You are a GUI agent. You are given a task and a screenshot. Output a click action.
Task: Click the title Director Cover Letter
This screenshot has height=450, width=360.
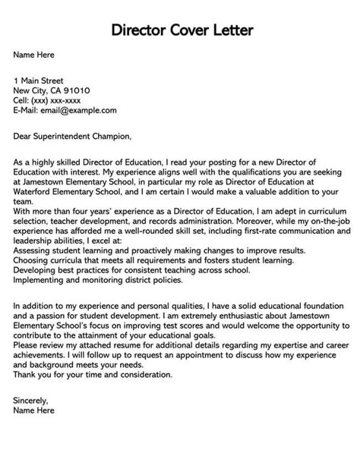point(180,31)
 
